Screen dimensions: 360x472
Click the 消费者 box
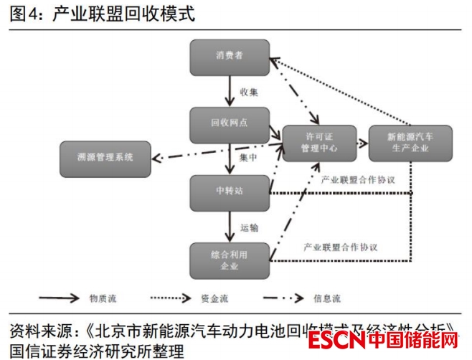(230, 57)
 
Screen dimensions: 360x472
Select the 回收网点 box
(230, 123)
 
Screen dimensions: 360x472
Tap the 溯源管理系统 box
(105, 158)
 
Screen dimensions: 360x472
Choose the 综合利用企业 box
(230, 260)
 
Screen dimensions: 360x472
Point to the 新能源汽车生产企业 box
(410, 142)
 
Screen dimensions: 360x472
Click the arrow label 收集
(249, 92)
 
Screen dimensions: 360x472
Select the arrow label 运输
(249, 227)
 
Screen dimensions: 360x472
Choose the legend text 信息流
(327, 298)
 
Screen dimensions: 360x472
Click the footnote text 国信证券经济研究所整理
(97, 350)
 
